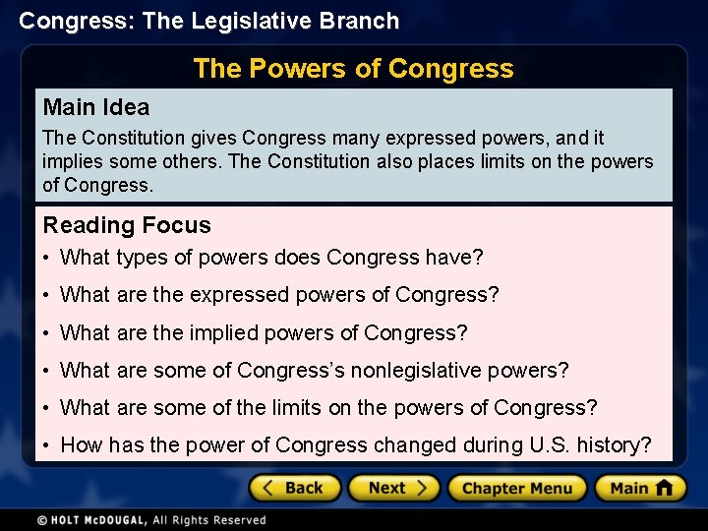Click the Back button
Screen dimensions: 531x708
pos(295,488)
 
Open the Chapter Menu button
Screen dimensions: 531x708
pos(517,488)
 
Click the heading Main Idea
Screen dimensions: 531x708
pos(96,107)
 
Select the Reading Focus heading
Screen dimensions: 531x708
pos(127,225)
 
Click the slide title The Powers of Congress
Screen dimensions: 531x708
pos(353,69)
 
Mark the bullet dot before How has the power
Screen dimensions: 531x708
pos(47,445)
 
